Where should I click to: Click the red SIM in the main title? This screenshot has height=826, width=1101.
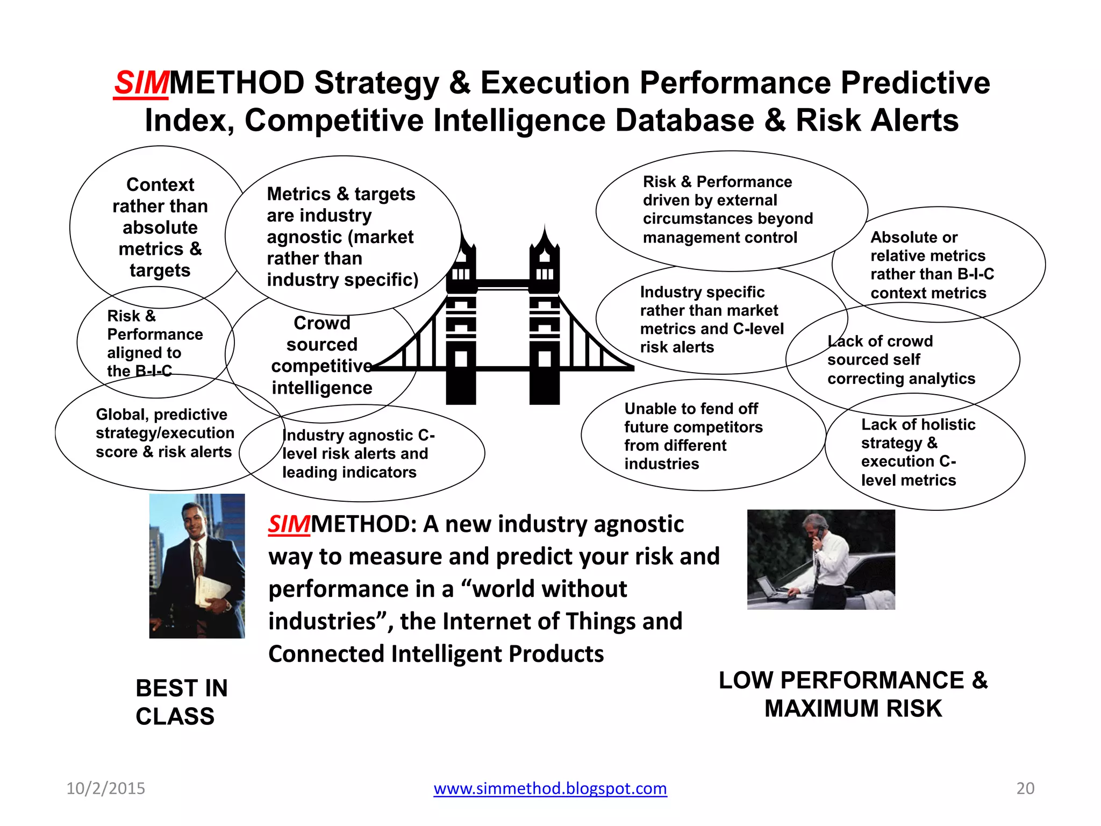click(141, 84)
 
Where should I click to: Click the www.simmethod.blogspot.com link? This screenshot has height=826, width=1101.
click(550, 788)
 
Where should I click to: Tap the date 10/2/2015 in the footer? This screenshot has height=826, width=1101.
click(106, 788)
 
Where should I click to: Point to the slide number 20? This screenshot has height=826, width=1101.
click(1025, 788)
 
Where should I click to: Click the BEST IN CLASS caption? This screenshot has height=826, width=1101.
click(181, 702)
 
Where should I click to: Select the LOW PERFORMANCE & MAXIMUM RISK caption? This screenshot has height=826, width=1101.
click(853, 694)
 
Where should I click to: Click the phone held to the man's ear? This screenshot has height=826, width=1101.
click(820, 532)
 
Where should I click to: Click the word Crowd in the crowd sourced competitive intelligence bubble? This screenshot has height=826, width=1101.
click(321, 323)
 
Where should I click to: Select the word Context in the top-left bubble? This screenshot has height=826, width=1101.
click(160, 184)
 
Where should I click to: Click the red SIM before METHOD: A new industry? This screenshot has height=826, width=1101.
click(289, 524)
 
